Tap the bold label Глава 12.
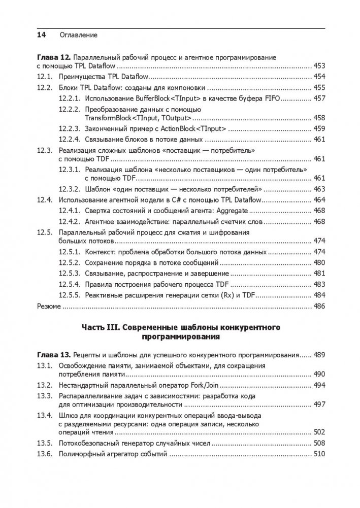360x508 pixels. pyautogui.click(x=53, y=57)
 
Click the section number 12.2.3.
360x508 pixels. pyautogui.click(x=69, y=128)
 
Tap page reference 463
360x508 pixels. pyautogui.click(x=319, y=189)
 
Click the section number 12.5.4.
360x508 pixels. pyautogui.click(x=69, y=285)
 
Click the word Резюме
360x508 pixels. pyautogui.click(x=49, y=307)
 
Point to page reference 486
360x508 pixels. pyautogui.click(x=319, y=307)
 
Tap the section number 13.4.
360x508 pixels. pyautogui.click(x=45, y=416)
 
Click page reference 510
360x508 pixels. pyautogui.click(x=319, y=454)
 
